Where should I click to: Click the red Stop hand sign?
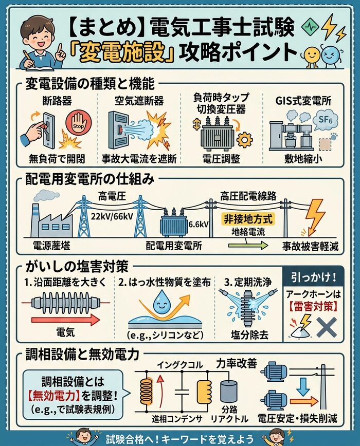click(78, 124)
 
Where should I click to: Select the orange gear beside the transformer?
click(244, 140)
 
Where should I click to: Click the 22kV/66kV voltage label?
click(112, 216)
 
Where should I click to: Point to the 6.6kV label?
click(199, 224)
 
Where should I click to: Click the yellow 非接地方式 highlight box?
click(248, 219)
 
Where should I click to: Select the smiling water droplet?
click(162, 302)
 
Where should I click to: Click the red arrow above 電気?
click(66, 320)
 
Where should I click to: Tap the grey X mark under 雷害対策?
click(327, 327)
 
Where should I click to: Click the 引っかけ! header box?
click(313, 277)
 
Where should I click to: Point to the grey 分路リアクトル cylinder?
click(229, 392)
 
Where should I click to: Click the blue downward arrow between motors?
click(303, 387)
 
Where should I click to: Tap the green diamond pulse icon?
click(311, 28)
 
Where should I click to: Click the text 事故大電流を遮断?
click(139, 159)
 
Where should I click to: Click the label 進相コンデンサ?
click(177, 419)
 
